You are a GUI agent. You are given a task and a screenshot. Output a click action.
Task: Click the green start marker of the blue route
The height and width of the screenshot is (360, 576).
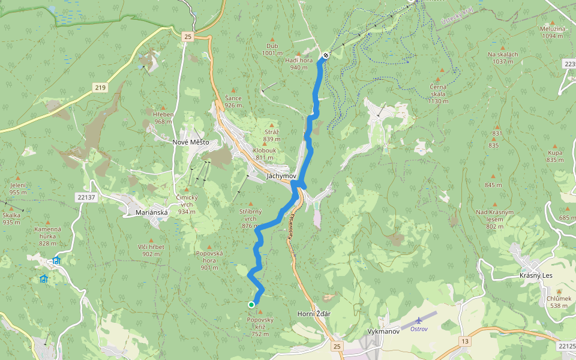pyautogui.click(x=251, y=305)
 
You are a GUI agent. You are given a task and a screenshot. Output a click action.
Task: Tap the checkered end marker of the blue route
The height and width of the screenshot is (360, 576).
pyautogui.click(x=326, y=55)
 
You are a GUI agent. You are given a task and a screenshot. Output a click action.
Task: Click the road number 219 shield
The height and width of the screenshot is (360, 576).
pyautogui.click(x=100, y=88)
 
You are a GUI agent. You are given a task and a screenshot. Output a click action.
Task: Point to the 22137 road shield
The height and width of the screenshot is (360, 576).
pyautogui.click(x=86, y=197)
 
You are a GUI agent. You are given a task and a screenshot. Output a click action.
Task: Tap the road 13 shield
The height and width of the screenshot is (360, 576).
pyautogui.click(x=465, y=341)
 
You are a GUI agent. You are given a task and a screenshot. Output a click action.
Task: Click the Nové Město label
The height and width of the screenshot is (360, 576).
pyautogui.click(x=190, y=142)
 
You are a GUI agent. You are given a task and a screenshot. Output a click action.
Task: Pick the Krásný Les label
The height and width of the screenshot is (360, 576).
pyautogui.click(x=535, y=275)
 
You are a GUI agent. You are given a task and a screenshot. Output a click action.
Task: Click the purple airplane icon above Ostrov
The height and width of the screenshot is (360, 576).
pyautogui.click(x=419, y=320)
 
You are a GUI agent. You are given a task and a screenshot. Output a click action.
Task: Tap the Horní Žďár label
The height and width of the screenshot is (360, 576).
pyautogui.click(x=314, y=314)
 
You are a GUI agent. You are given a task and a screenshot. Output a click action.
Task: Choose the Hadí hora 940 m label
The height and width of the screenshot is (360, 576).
pyautogui.click(x=299, y=64)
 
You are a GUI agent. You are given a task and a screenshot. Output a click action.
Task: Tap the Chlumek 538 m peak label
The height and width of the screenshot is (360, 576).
pyautogui.click(x=559, y=302)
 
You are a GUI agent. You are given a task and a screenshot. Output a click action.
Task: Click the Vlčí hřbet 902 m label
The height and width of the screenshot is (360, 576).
pyautogui.click(x=151, y=250)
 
